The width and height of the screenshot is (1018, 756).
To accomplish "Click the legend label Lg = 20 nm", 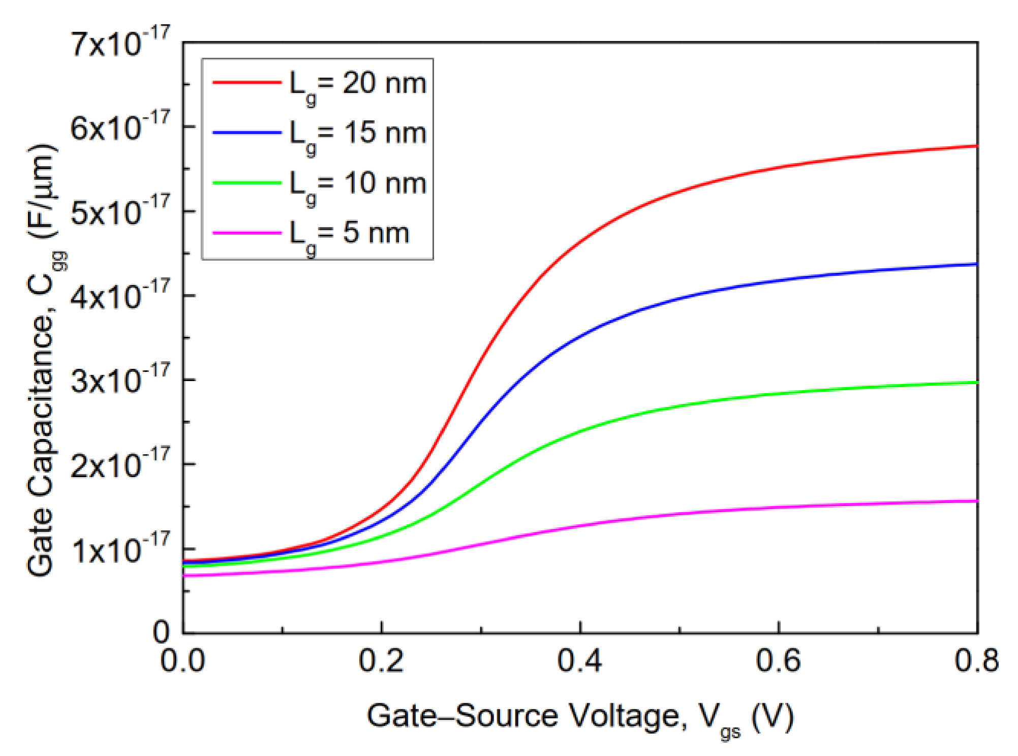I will pos(357,83).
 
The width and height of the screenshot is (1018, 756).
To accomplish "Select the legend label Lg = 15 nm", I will pos(357,134).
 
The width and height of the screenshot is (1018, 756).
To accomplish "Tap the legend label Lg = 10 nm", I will pos(357,183).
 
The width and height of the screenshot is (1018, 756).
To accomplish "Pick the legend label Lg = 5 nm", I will pos(349,233).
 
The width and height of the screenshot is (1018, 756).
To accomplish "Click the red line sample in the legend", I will pos(247,82).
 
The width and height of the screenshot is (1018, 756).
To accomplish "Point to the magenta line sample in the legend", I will pos(247,233).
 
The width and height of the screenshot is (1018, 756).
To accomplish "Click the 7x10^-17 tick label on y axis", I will pos(120,43).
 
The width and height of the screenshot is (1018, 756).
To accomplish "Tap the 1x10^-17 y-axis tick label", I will pos(120,549).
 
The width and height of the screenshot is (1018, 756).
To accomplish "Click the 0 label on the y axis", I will pos(162,633).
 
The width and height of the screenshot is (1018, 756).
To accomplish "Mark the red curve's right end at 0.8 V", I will pos(976,146).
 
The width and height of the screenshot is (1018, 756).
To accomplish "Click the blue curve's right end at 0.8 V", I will pos(976,264).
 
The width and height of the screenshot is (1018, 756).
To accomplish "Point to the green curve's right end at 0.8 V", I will pos(976,382).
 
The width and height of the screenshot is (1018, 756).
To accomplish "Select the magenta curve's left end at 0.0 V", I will pos(184,576).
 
